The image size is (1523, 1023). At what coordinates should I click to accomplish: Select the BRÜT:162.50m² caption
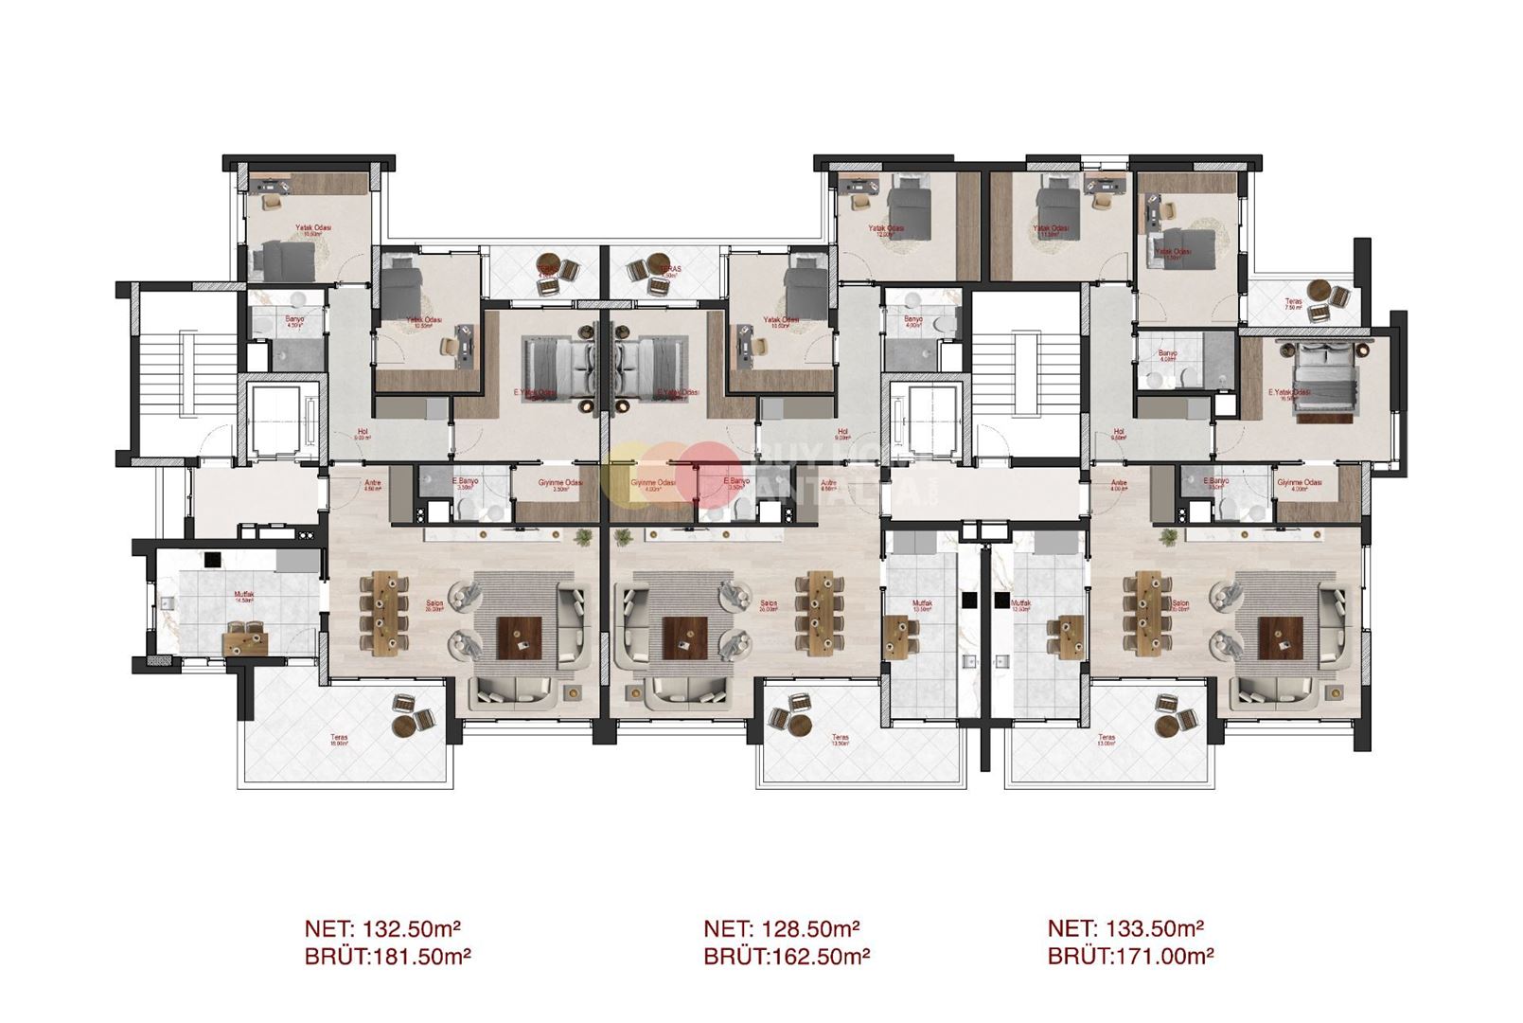[x=786, y=957]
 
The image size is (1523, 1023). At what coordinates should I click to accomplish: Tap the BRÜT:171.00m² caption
[x=1130, y=957]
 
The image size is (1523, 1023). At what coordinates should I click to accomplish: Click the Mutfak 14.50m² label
[x=244, y=598]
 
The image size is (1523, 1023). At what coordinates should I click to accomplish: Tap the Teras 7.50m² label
[x=1293, y=304]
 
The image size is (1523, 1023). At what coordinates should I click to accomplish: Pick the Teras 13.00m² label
[x=1107, y=740]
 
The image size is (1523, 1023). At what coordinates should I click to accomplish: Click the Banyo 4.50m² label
[x=294, y=322]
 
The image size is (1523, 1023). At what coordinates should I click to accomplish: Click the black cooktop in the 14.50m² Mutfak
[x=213, y=559]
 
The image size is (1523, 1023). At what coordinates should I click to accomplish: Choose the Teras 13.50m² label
[x=839, y=740]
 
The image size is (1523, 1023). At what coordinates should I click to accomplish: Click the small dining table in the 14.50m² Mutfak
[x=245, y=641]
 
